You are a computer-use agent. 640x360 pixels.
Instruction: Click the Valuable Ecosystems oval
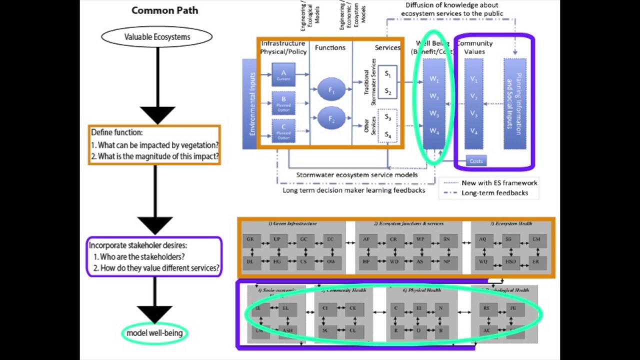pyautogui.click(x=157, y=37)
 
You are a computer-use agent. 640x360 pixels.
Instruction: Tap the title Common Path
pyautogui.click(x=164, y=10)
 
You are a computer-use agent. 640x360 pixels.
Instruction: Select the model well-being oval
pyautogui.click(x=154, y=333)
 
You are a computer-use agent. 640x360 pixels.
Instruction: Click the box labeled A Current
pyautogui.click(x=283, y=75)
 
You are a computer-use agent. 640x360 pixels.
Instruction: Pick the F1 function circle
pyautogui.click(x=330, y=89)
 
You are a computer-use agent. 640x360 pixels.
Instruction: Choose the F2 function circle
pyautogui.click(x=330, y=118)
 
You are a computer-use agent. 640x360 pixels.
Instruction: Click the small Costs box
pyautogui.click(x=476, y=161)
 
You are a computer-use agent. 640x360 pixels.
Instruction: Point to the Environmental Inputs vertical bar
pyautogui.click(x=249, y=104)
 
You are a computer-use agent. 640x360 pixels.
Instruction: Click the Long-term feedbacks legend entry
pyautogui.click(x=494, y=193)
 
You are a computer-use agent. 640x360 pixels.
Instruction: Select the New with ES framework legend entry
pyautogui.click(x=498, y=183)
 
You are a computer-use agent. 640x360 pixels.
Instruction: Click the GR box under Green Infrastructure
pyautogui.click(x=250, y=239)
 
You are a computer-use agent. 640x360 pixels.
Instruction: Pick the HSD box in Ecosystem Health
pyautogui.click(x=510, y=261)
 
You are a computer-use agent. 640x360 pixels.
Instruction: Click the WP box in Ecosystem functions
pyautogui.click(x=420, y=239)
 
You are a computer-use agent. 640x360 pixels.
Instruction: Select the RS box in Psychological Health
pyautogui.click(x=486, y=309)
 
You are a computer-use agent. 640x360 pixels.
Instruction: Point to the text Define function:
pyautogui.click(x=117, y=132)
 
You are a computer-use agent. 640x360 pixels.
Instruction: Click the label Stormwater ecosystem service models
pyautogui.click(x=356, y=175)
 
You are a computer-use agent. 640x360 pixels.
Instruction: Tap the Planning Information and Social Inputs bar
pyautogui.click(x=514, y=104)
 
